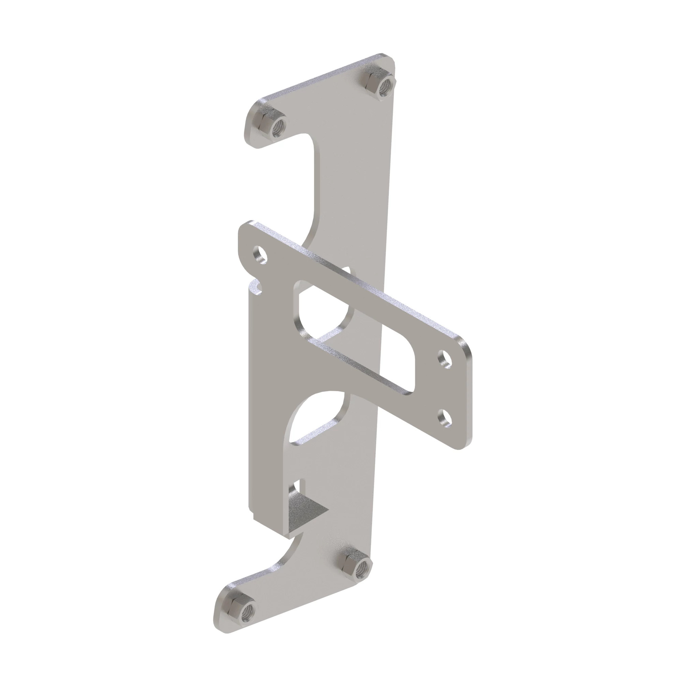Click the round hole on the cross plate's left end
click(260, 254)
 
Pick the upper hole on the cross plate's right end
click(446, 360)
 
